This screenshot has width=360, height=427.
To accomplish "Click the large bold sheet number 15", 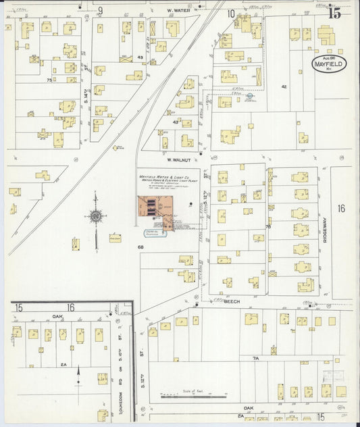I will pyautogui.click(x=334, y=11).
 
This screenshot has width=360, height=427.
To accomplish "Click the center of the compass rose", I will pyautogui.click(x=95, y=216).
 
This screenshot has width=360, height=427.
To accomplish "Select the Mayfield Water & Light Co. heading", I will pyautogui.click(x=165, y=180).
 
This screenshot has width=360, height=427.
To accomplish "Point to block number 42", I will pyautogui.click(x=284, y=86).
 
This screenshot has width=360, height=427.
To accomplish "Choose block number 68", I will pyautogui.click(x=141, y=247).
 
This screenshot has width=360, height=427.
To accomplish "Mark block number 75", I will pyautogui.click(x=49, y=80).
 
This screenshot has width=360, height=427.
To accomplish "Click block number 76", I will pyautogui.click(x=267, y=227).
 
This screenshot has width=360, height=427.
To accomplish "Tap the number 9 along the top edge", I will pyautogui.click(x=100, y=10).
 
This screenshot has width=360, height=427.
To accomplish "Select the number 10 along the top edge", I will pyautogui.click(x=231, y=12).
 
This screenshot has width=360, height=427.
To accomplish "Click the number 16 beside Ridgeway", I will pyautogui.click(x=341, y=209).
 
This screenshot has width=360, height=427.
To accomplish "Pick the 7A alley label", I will pyautogui.click(x=255, y=357).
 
